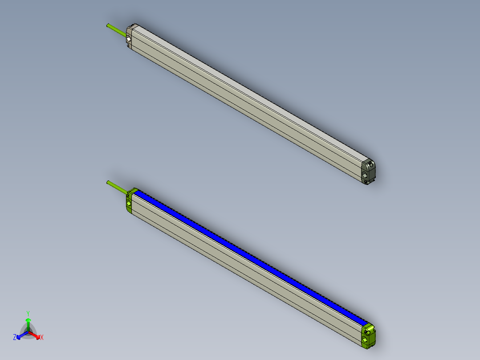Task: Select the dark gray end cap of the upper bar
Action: pos(368,171)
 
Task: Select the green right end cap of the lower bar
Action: pos(368,335)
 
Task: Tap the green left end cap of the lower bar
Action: pos(129,200)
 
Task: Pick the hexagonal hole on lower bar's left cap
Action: pos(129,204)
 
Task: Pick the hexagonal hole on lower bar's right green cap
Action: pos(366,340)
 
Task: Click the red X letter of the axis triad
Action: pos(42,338)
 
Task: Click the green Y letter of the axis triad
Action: pos(28,313)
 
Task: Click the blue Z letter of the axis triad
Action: pos(15,338)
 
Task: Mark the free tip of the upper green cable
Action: pos(108,25)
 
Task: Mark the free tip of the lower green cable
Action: pos(108,182)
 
